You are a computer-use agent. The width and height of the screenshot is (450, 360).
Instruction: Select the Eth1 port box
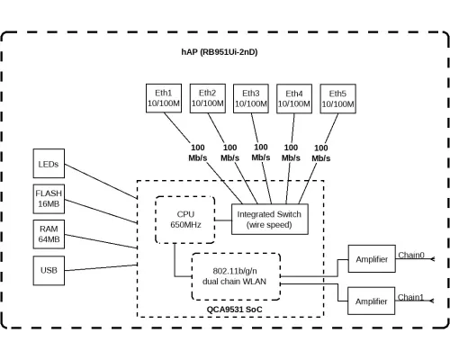click(x=165, y=98)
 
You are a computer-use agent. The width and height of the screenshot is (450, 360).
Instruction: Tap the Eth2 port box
click(x=208, y=98)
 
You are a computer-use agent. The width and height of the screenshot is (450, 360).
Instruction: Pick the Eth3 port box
click(x=251, y=98)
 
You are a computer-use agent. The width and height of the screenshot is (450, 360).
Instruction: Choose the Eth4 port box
click(x=294, y=99)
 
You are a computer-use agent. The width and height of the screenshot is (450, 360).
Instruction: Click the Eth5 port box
click(x=337, y=99)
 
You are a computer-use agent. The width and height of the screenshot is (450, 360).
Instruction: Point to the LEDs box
click(x=49, y=165)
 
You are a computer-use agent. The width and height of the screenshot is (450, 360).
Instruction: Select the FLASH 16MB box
click(x=49, y=199)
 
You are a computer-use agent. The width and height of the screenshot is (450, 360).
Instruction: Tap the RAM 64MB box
click(x=49, y=235)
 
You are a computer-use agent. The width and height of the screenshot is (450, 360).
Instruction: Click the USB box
click(x=49, y=269)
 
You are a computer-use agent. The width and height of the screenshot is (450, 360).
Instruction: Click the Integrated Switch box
click(x=270, y=219)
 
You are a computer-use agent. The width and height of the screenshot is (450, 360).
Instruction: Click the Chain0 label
click(x=410, y=255)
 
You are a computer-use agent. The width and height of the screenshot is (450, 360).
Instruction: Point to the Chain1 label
click(x=410, y=296)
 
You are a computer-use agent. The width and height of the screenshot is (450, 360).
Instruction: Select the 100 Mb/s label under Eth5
click(x=321, y=152)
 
